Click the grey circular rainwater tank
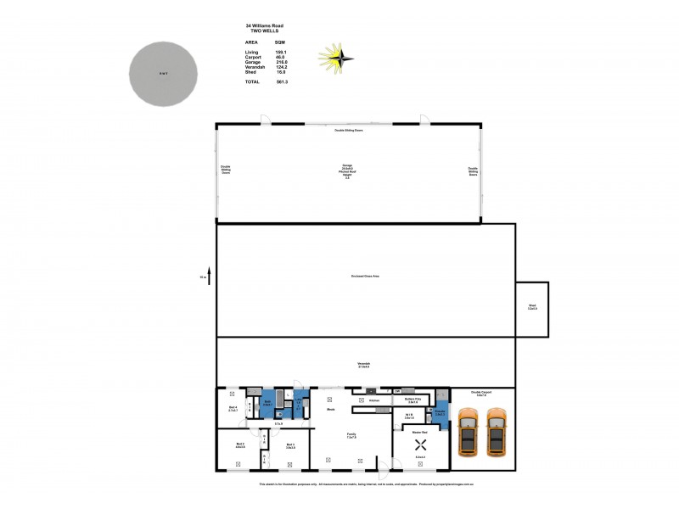pyautogui.click(x=164, y=75)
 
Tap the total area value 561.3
pyautogui.click(x=282, y=81)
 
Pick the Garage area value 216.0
pyautogui.click(x=282, y=62)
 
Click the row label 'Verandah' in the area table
pyautogui.click(x=255, y=67)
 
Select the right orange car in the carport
pyautogui.click(x=497, y=431)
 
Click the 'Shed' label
pyautogui.click(x=532, y=307)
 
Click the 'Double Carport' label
pyautogui.click(x=481, y=393)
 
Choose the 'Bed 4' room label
pyautogui.click(x=233, y=408)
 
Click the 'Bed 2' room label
pyautogui.click(x=239, y=445)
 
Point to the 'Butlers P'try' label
pyautogui.click(x=413, y=399)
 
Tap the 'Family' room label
pyautogui.click(x=351, y=434)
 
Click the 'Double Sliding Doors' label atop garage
pyautogui.click(x=347, y=131)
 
